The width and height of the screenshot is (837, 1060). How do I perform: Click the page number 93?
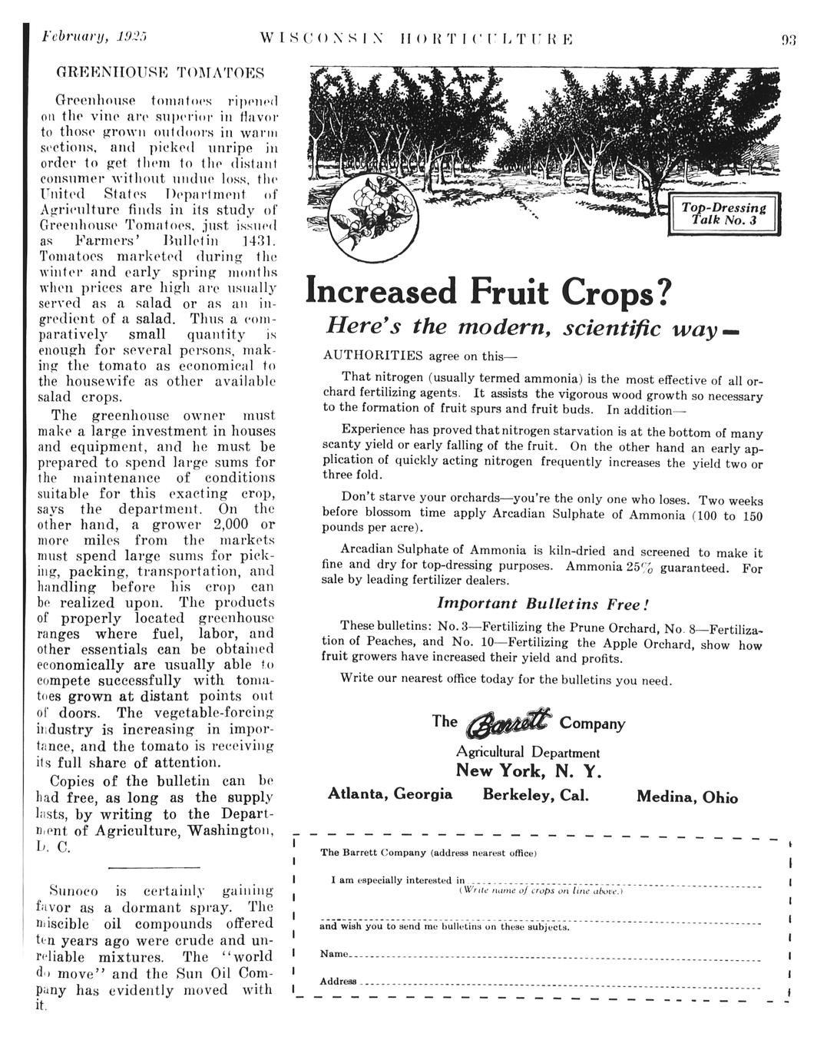(789, 38)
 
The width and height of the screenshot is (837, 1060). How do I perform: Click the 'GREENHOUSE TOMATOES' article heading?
(161, 73)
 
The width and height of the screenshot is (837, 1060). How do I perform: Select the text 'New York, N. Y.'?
(528, 771)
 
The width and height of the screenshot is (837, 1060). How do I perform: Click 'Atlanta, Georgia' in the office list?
(390, 793)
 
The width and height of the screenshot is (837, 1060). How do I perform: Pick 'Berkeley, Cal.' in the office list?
(536, 794)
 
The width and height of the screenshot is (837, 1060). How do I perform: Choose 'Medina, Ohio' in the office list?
(687, 797)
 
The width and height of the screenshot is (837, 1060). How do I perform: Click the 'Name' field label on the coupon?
(333, 953)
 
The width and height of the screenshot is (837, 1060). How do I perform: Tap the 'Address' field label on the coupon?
(338, 982)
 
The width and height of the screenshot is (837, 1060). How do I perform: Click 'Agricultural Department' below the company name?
(528, 753)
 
